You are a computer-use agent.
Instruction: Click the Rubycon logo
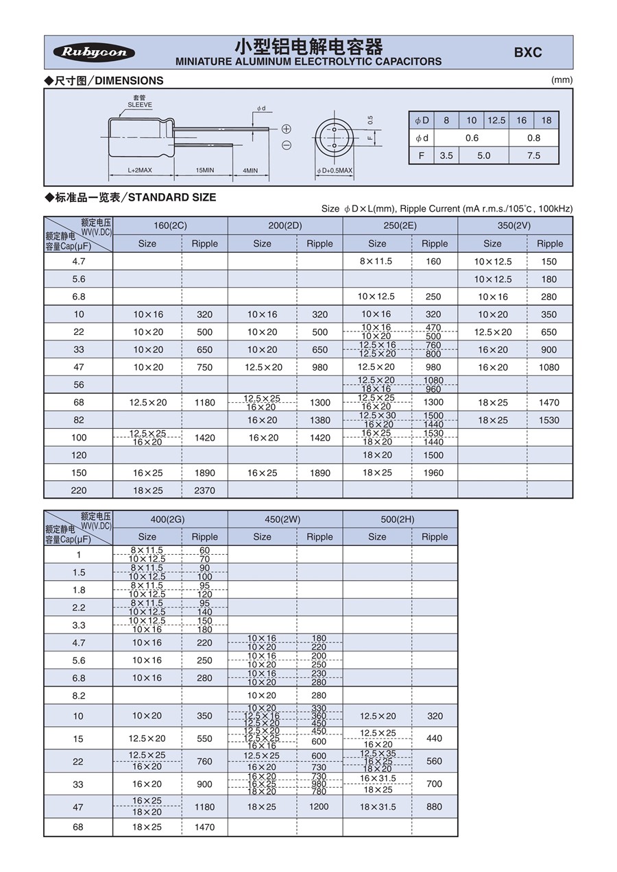point(94,53)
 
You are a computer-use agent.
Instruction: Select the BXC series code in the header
point(528,53)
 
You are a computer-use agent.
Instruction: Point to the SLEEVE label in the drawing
point(139,105)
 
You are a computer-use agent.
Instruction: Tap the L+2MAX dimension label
point(140,170)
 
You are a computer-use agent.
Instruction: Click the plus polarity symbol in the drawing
point(287,129)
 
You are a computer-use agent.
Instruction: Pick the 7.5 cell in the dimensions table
point(533,155)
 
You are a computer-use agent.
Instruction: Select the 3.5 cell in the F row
point(446,155)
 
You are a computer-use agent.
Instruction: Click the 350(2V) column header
point(515,225)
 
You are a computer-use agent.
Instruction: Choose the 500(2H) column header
point(400,519)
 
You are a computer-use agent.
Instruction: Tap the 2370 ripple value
point(204,490)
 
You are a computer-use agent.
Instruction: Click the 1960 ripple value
point(434,473)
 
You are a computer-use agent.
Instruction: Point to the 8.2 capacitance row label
point(78,695)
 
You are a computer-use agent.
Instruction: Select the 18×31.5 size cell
point(378,807)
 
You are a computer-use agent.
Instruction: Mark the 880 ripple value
point(434,807)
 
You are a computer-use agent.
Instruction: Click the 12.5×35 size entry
point(378,753)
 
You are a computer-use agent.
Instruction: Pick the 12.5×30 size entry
point(378,416)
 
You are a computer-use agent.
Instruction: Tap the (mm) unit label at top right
point(561,80)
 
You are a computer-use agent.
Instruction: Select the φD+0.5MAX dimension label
point(335,171)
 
